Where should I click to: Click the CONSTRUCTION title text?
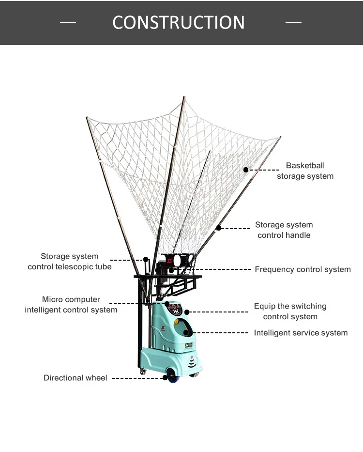[x=179, y=22]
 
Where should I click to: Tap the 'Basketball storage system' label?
[x=305, y=171]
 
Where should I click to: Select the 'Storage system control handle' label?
[x=284, y=230]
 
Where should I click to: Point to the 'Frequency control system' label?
[x=302, y=269]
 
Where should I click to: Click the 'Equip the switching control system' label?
[x=290, y=312]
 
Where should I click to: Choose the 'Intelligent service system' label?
[x=301, y=333]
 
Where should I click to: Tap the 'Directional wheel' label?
[x=76, y=377]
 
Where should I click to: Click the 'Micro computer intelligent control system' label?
[x=71, y=305]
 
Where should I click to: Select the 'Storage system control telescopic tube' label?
[x=69, y=262]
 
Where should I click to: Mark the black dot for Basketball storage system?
[x=246, y=170]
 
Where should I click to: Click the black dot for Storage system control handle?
[x=219, y=228]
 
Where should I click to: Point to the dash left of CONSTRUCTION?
[x=68, y=23]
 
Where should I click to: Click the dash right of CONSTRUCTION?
[x=293, y=23]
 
